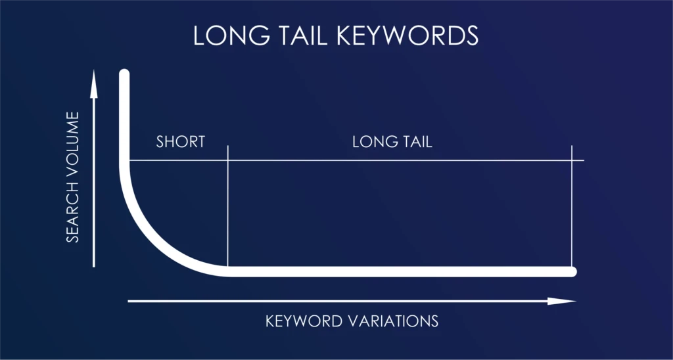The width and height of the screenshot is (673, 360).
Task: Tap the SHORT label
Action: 181,141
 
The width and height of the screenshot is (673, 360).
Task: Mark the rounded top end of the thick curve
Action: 124,74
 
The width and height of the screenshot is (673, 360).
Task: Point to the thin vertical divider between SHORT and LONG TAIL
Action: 227,210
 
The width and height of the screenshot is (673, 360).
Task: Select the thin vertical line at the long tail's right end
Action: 572,210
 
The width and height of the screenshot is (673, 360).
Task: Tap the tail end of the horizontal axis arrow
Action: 129,302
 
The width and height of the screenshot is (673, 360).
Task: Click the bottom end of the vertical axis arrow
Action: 94,265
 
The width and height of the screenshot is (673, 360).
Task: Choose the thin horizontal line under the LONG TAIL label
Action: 394,160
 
